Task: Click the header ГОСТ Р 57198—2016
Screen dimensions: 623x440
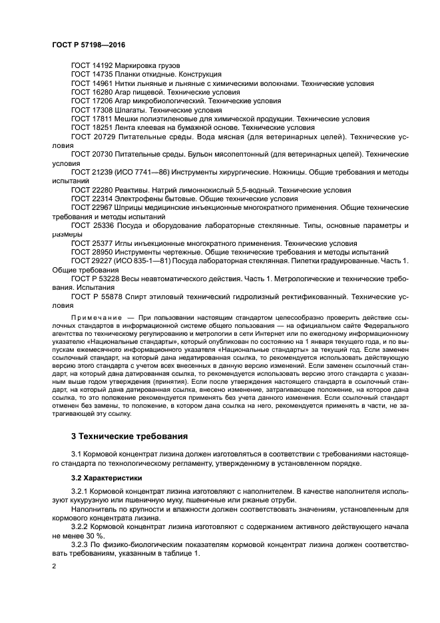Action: (x=89, y=43)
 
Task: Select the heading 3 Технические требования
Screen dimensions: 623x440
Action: (x=129, y=436)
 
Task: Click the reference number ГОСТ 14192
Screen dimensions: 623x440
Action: (x=92, y=66)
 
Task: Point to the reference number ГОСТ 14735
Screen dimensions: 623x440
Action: (x=92, y=75)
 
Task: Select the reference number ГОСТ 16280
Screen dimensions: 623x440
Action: (x=92, y=93)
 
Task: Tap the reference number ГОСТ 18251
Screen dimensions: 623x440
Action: (x=92, y=127)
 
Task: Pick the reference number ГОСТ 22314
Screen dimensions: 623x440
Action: (x=92, y=199)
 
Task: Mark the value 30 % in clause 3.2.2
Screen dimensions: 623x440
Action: (x=98, y=535)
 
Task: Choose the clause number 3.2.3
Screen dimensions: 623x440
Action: (x=79, y=544)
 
